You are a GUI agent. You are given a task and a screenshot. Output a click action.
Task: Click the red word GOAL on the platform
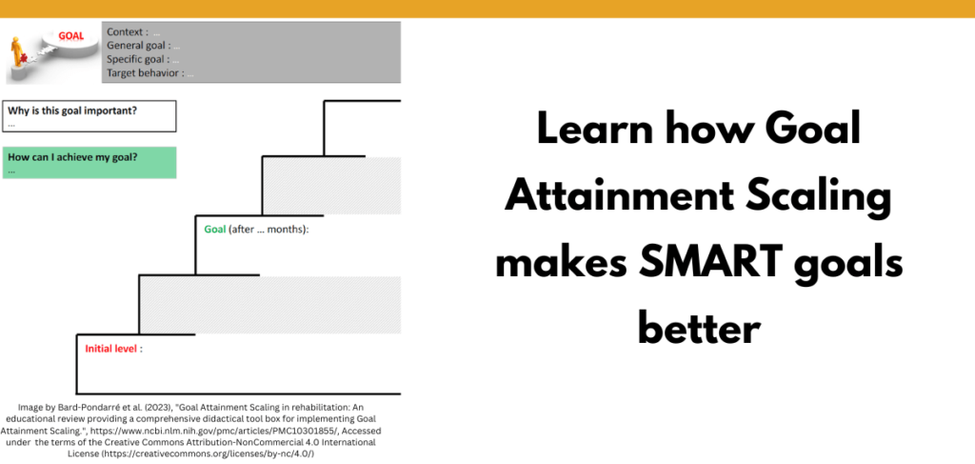pos(70,36)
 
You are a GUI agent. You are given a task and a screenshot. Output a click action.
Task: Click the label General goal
pos(138,45)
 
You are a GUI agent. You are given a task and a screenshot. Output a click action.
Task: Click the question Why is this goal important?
pos(72,111)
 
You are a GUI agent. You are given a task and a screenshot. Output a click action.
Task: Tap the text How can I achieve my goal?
pos(71,157)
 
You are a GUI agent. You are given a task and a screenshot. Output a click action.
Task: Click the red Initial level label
pos(113,349)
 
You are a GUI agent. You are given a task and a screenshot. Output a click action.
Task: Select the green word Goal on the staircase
pos(214,230)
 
